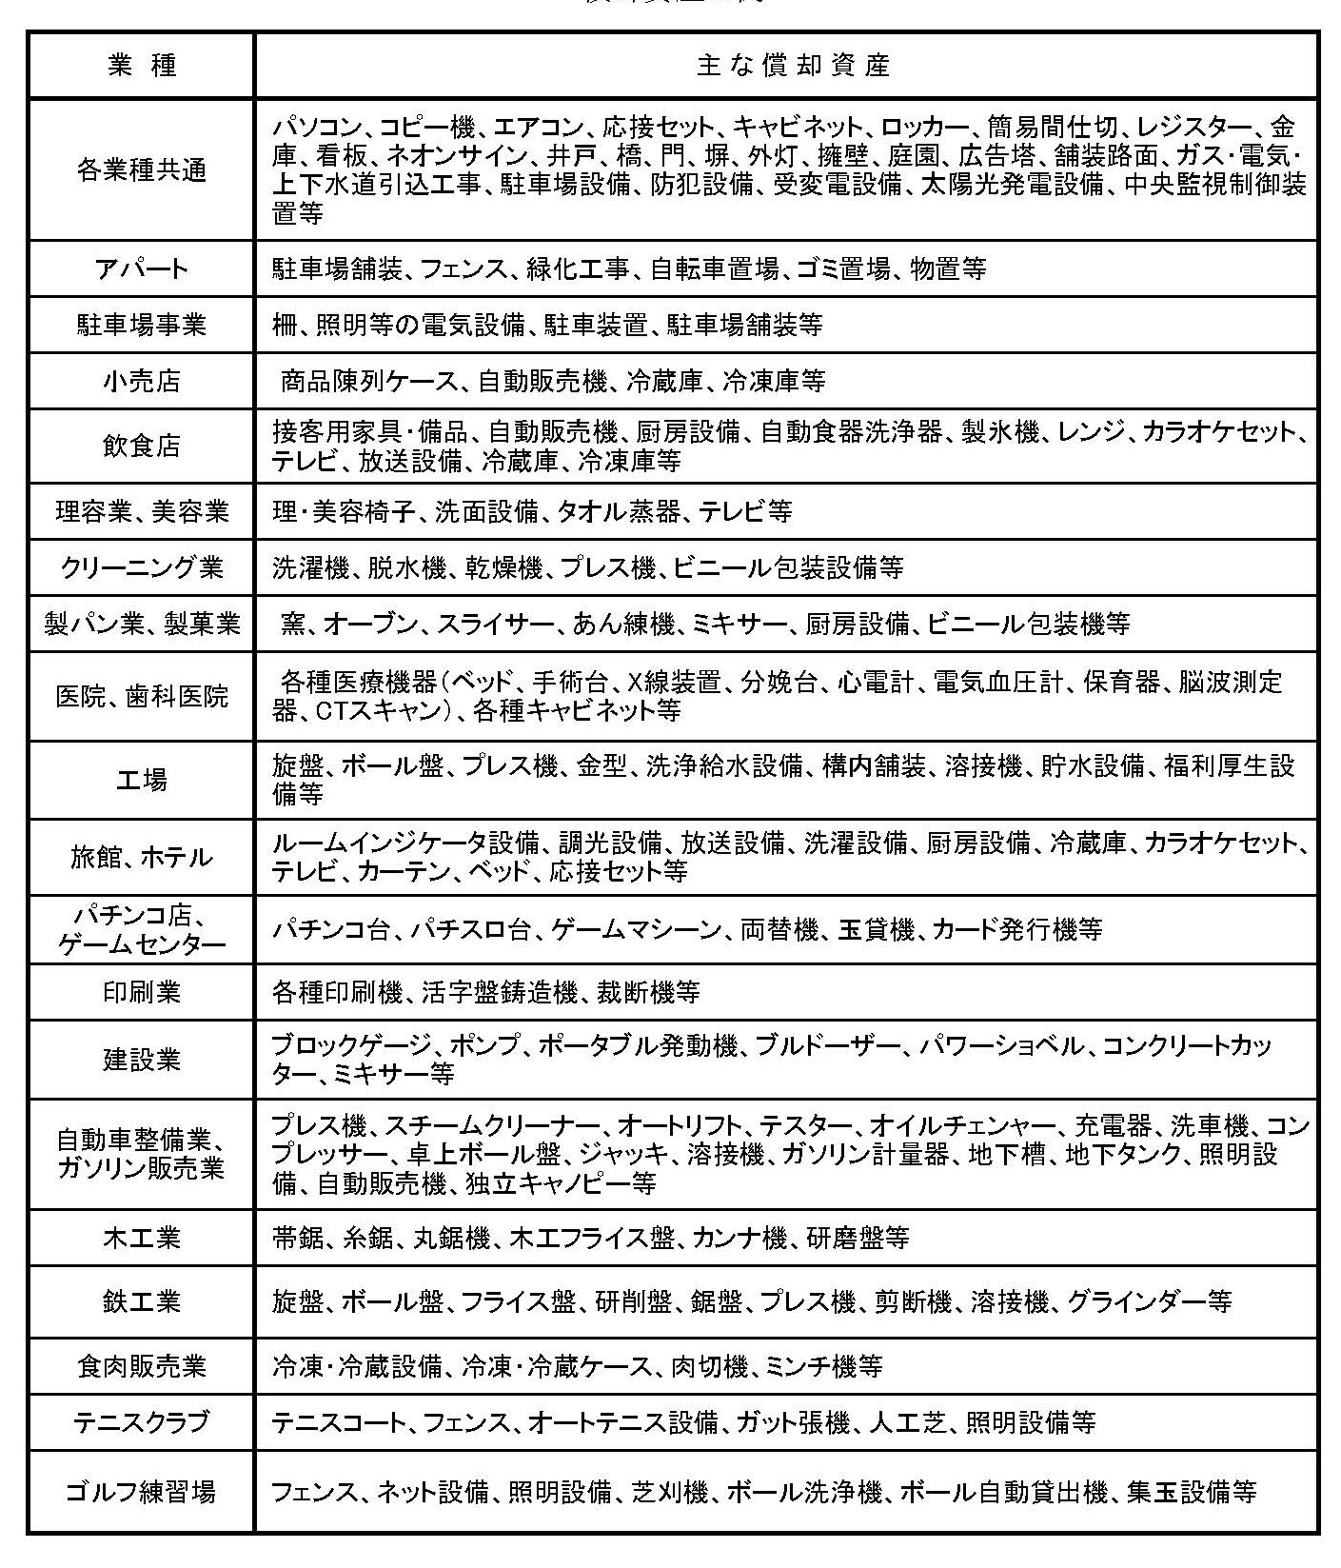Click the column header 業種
pyautogui.click(x=141, y=66)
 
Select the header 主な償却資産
pyautogui.click(x=793, y=66)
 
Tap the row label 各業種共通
pyautogui.click(x=141, y=170)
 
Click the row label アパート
pyautogui.click(x=141, y=268)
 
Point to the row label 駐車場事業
pyautogui.click(x=141, y=326)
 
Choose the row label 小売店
pyautogui.click(x=141, y=382)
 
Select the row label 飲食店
pyautogui.click(x=141, y=446)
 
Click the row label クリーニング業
pyautogui.click(x=141, y=567)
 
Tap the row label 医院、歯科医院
pyautogui.click(x=141, y=696)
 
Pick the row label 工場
pyautogui.click(x=141, y=780)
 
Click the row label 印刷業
pyautogui.click(x=141, y=992)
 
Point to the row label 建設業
pyautogui.click(x=141, y=1059)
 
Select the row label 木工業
pyautogui.click(x=141, y=1238)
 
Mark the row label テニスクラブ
pyautogui.click(x=141, y=1422)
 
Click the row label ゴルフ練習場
pyautogui.click(x=141, y=1491)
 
